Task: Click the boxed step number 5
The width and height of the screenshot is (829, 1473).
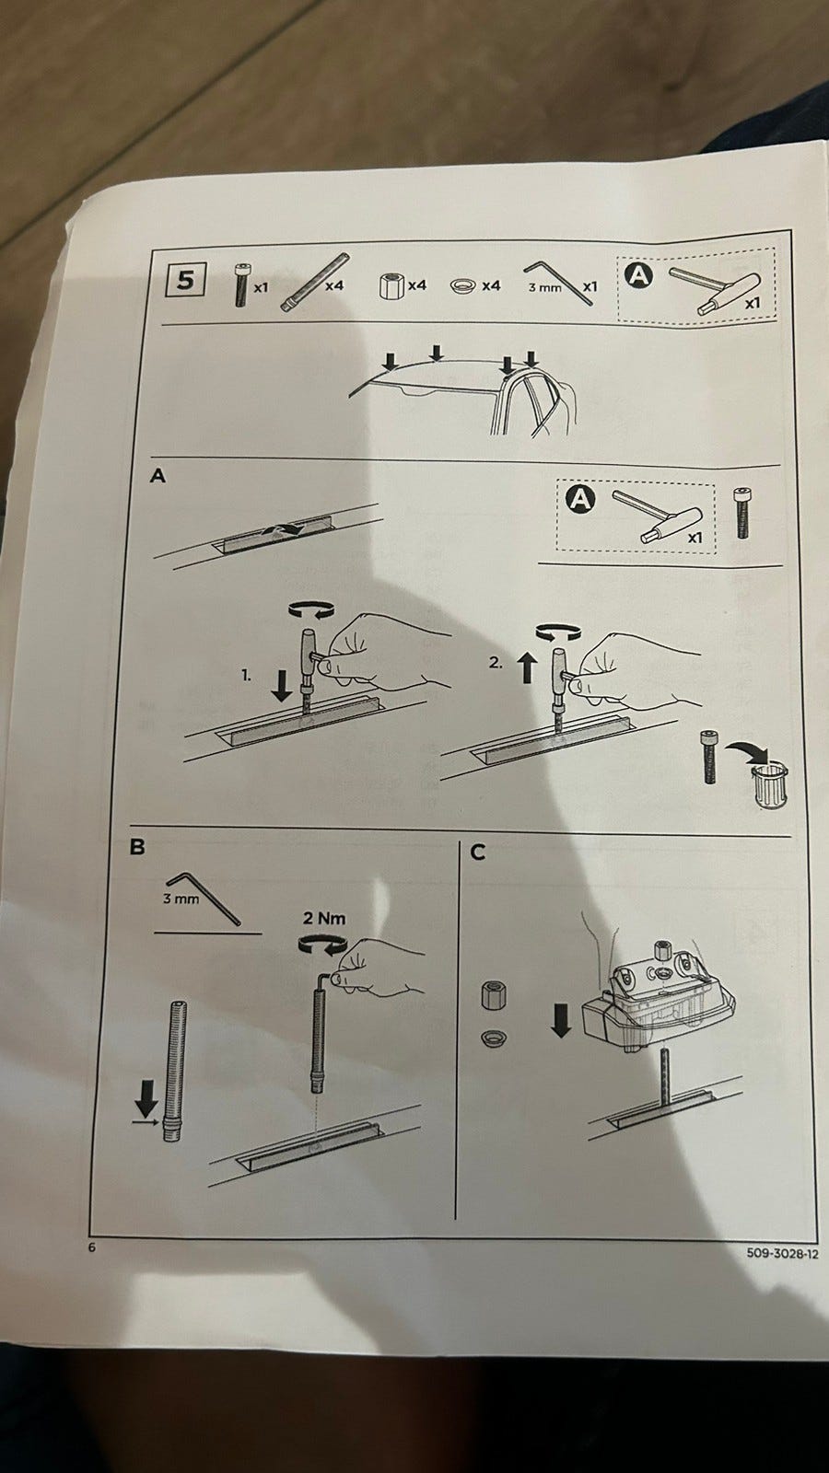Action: point(185,280)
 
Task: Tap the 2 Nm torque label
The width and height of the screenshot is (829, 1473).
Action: point(323,918)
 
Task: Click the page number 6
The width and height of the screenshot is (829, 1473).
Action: point(91,1247)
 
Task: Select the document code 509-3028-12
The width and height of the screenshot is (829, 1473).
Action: point(782,1253)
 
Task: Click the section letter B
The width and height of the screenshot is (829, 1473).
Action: point(137,846)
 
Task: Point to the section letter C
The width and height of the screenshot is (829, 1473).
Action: point(478,852)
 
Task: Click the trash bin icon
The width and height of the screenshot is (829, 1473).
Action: point(769,784)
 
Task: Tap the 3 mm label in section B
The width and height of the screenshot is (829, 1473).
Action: point(181,899)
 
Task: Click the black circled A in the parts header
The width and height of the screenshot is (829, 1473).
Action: point(637,276)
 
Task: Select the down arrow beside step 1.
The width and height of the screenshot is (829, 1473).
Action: point(282,686)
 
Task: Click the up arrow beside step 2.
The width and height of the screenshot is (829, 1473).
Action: point(527,667)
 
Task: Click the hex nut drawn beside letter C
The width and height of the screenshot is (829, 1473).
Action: point(493,995)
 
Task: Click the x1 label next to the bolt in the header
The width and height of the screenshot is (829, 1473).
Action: point(262,287)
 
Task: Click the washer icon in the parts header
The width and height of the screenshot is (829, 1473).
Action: point(463,285)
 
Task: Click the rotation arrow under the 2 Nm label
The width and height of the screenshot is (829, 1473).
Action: point(323,945)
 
